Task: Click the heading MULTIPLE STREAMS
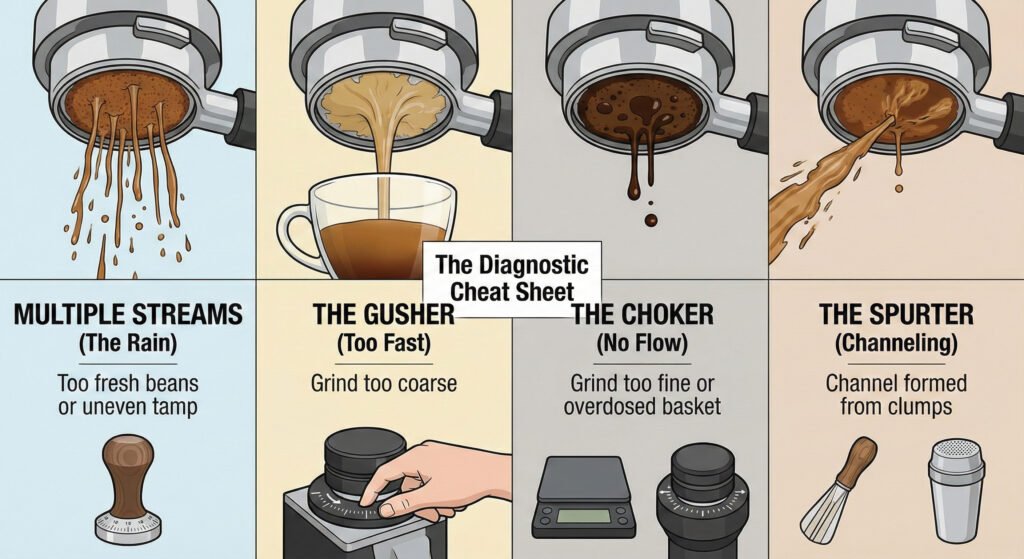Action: pos(128,315)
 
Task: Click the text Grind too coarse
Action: pos(383,382)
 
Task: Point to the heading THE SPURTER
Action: pos(895,315)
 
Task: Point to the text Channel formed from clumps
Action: pos(895,394)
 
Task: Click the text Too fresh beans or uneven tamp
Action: pos(128,394)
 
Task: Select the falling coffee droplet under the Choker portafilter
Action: pos(650,218)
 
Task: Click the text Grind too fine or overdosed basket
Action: pos(640,394)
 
